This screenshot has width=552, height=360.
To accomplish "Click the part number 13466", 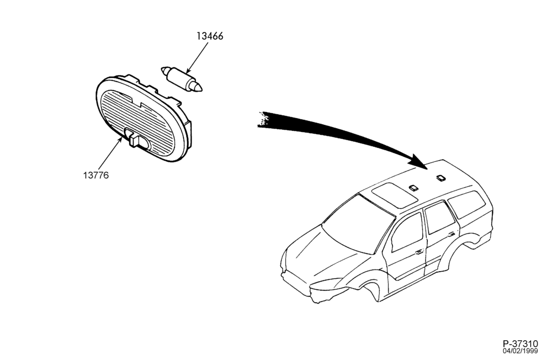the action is coord(210,36).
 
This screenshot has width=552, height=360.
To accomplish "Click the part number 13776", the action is coord(96,174).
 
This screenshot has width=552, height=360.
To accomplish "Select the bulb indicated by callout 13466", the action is coord(182,79).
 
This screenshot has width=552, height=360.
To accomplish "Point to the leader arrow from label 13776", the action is coord(109,154).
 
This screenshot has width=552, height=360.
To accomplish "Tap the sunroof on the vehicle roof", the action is coord(395,195).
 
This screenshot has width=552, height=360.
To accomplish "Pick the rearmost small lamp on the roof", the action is coord(440,178).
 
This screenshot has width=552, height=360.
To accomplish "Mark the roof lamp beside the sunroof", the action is coord(413,187).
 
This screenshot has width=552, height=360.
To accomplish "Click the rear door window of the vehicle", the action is coord(439,219).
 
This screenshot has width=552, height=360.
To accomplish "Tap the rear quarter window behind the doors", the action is coord(467,204).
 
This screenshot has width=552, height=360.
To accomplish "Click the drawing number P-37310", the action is coord(521,343).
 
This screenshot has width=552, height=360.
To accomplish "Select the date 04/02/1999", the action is coord(521,351).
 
